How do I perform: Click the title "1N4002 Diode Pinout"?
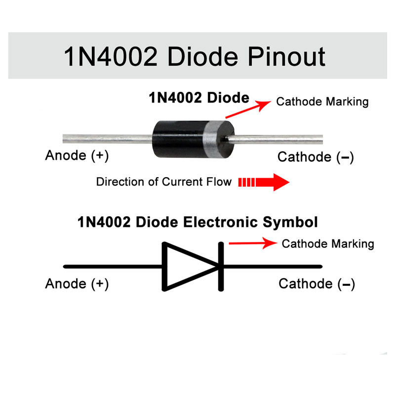point(195,57)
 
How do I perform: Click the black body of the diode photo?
point(178,139)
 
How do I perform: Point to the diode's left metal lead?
point(108,139)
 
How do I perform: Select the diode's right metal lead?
point(274,139)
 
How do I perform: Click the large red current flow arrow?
point(264,182)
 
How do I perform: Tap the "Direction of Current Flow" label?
point(164,182)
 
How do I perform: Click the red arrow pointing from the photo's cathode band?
point(248,109)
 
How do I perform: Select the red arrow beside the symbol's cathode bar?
point(253,243)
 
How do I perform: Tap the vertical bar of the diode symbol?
point(221,267)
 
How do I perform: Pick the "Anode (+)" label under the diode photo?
point(77,156)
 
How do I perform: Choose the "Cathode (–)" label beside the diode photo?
point(316,157)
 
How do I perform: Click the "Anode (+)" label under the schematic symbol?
point(77,284)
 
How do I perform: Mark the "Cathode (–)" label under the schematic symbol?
point(316,284)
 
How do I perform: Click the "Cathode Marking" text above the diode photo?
point(322,102)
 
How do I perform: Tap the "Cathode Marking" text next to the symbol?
point(328,244)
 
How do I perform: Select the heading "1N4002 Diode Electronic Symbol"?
point(197,222)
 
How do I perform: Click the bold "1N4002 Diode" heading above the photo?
point(199,97)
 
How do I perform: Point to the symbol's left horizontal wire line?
point(113,267)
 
